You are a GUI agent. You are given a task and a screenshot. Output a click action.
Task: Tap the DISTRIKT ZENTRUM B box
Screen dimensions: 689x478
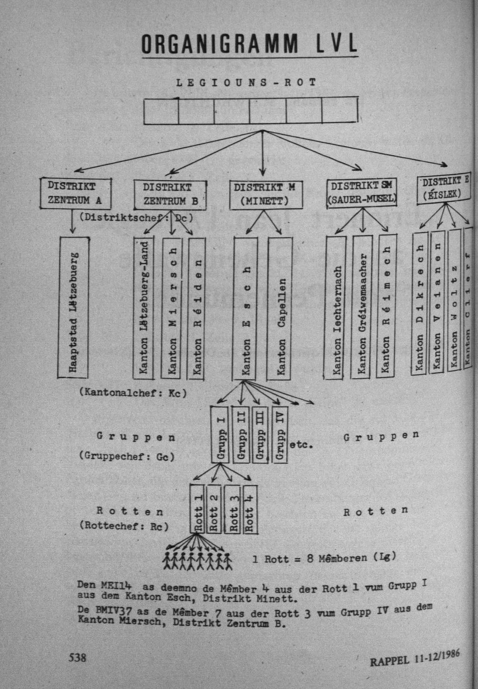170,194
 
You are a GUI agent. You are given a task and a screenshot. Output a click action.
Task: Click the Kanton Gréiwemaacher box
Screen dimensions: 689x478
362,306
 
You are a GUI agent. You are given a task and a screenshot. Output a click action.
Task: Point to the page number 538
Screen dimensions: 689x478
77,657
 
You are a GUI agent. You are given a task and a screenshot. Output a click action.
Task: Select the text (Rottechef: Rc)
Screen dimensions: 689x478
124,526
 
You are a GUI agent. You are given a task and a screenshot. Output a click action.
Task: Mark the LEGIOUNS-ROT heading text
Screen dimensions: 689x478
246,83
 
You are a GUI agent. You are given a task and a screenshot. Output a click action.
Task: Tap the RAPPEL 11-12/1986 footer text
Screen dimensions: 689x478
415,659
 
